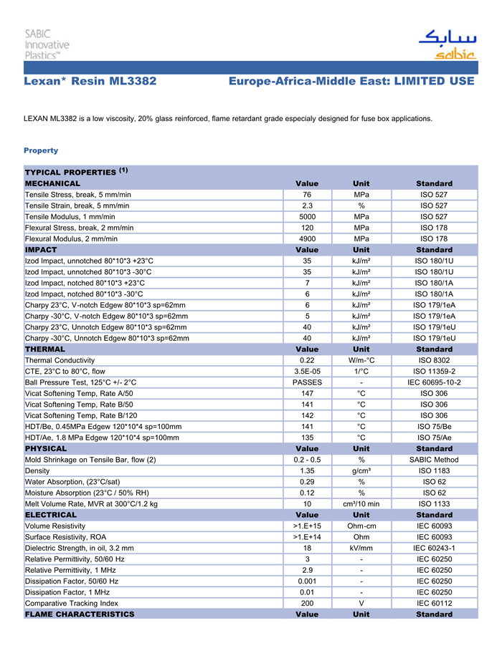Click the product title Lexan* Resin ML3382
[90, 82]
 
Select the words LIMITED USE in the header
[433, 82]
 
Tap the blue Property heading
[41, 150]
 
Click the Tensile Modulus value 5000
[306, 216]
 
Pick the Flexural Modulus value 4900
[306, 238]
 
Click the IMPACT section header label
[41, 250]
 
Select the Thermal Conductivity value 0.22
[307, 360]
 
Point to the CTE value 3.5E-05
[307, 371]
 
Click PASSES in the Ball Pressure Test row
[307, 382]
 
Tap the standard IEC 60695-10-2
[434, 382]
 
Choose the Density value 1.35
[307, 470]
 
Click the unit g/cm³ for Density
[361, 470]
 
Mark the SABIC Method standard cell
[434, 460]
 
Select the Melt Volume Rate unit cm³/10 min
[361, 503]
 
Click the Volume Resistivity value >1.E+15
[307, 526]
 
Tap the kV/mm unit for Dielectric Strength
[361, 548]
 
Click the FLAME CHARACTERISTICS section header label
[80, 614]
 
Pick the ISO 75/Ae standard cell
[434, 437]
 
